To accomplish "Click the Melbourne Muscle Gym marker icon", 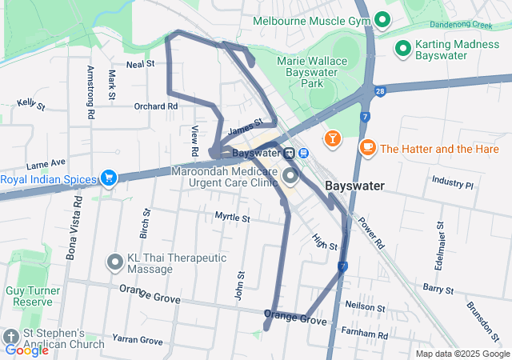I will coord(382,20).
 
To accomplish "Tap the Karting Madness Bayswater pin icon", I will coord(403,50).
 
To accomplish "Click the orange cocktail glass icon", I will coord(331,140).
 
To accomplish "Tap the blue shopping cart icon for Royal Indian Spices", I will coord(108,178).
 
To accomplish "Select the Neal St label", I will coord(140,62).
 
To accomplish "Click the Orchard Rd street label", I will coord(150,106).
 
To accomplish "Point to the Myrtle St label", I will coord(232,217).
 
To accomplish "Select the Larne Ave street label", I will coord(45,162).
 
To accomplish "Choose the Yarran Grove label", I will coord(137,340).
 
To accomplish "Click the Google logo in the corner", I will coord(26,350).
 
